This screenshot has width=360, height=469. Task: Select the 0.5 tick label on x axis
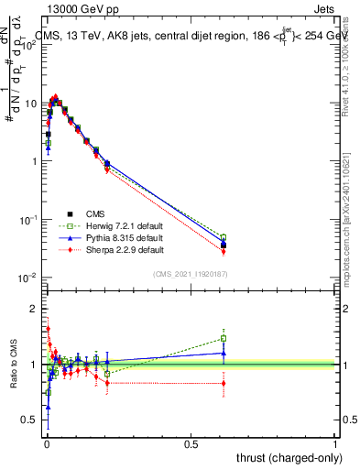[x=190, y=443]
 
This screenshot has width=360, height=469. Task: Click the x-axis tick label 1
[x=336, y=443]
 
